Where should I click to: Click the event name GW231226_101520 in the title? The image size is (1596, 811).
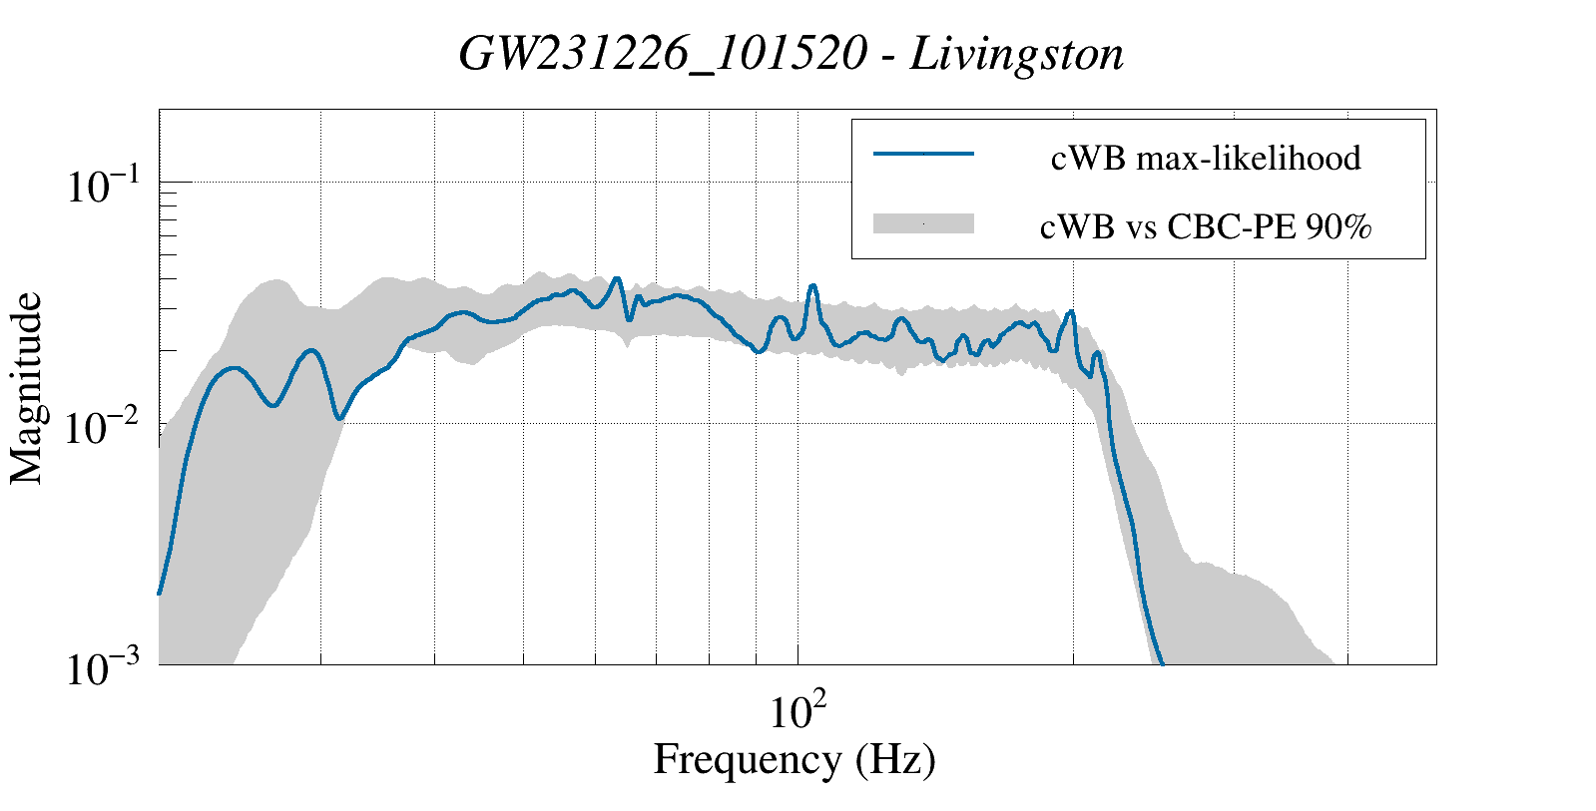tap(664, 55)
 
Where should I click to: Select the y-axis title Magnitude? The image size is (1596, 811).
tap(26, 388)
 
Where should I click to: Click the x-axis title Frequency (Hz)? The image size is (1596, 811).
tap(795, 760)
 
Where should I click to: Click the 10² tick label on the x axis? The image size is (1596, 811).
tap(798, 710)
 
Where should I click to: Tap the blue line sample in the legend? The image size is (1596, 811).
tap(923, 153)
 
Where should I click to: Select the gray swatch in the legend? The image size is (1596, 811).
tap(923, 222)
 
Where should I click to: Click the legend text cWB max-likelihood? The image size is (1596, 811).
tap(1206, 158)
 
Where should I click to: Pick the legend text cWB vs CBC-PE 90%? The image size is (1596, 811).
tap(1206, 227)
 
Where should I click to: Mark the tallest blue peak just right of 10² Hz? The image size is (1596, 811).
tap(812, 285)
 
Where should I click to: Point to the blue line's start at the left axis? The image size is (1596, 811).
tap(159, 593)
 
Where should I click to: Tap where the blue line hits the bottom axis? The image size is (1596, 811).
tap(1162, 663)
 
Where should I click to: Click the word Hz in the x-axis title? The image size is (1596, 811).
tap(895, 759)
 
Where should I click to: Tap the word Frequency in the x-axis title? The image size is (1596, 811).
tap(749, 760)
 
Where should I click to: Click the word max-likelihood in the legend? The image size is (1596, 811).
tap(1249, 158)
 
